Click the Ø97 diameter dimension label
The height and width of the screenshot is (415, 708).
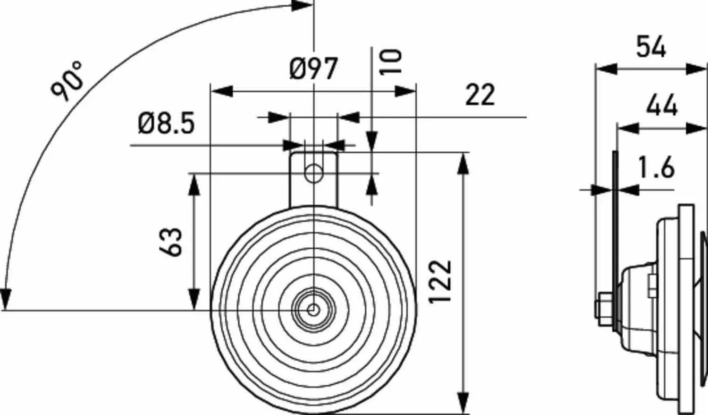pyautogui.click(x=313, y=69)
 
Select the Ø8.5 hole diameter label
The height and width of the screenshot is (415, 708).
pyautogui.click(x=166, y=124)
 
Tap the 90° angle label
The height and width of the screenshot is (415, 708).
pyautogui.click(x=67, y=81)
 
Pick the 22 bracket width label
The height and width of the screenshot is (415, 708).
pyautogui.click(x=480, y=95)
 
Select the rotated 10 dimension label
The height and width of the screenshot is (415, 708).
pyautogui.click(x=391, y=61)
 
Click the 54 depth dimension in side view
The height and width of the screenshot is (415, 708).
pyautogui.click(x=651, y=47)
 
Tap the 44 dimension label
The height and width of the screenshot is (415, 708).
pyautogui.click(x=662, y=105)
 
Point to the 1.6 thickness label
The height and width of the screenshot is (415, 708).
pyautogui.click(x=656, y=168)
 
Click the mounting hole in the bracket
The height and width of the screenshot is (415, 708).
pyautogui.click(x=313, y=173)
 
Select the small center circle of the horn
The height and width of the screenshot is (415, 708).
pyautogui.click(x=313, y=310)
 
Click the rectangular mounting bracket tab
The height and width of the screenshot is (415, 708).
pyautogui.click(x=313, y=179)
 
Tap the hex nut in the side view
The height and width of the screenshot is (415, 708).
pyautogui.click(x=604, y=310)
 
